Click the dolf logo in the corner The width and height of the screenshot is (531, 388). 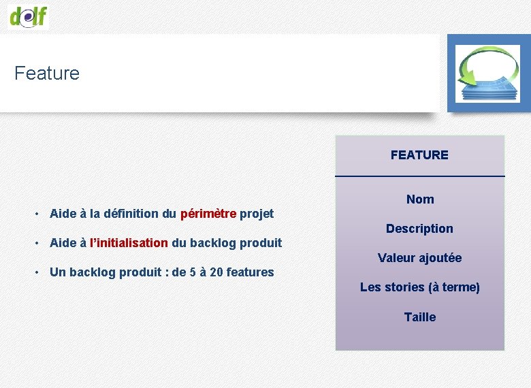(x=29, y=15)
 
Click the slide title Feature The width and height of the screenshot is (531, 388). (x=47, y=73)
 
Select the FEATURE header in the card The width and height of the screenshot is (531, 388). (x=419, y=155)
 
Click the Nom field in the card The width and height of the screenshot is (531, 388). (x=420, y=199)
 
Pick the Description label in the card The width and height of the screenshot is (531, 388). (x=419, y=229)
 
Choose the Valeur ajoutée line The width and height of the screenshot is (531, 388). (x=419, y=258)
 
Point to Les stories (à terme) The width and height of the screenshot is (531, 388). (x=419, y=287)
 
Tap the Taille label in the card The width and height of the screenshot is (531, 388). (x=419, y=317)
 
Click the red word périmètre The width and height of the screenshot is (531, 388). (x=208, y=214)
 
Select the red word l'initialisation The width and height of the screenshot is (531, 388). (x=129, y=243)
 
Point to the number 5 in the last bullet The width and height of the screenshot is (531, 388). (x=193, y=272)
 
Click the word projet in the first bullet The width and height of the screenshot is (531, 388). (x=257, y=214)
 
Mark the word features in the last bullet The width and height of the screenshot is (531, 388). (x=250, y=272)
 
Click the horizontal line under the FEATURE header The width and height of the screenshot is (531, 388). (x=420, y=176)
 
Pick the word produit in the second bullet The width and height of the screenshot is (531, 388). (x=261, y=243)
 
